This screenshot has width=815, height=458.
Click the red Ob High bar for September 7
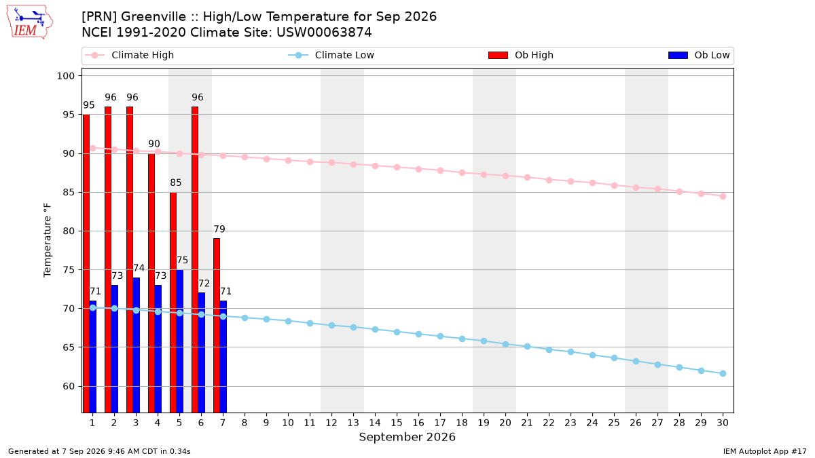pyautogui.click(x=217, y=325)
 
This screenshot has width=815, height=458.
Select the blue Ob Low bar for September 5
pyautogui.click(x=180, y=341)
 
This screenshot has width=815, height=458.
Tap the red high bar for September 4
pyautogui.click(x=151, y=283)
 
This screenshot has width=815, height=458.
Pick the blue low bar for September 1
pyautogui.click(x=93, y=357)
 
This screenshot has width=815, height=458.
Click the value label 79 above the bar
pyautogui.click(x=219, y=229)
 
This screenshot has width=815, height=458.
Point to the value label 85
pyautogui.click(x=176, y=183)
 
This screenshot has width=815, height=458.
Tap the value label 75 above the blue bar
pyautogui.click(x=182, y=261)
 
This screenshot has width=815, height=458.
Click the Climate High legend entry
pyautogui.click(x=130, y=55)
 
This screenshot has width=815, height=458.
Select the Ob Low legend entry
pyautogui.click(x=699, y=55)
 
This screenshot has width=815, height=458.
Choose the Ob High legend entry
pyautogui.click(x=521, y=55)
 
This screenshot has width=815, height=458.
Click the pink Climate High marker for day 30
pyautogui.click(x=723, y=196)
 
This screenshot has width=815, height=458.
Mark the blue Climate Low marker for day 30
pyautogui.click(x=723, y=373)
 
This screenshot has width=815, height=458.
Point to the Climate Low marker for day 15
pyautogui.click(x=397, y=332)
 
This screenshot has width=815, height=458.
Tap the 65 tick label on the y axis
pyautogui.click(x=69, y=347)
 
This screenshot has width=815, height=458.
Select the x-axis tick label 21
pyautogui.click(x=527, y=423)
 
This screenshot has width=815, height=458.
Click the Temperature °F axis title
pyautogui.click(x=48, y=240)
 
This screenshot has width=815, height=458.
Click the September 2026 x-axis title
pyautogui.click(x=407, y=437)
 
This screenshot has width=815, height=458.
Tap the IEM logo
pyautogui.click(x=29, y=22)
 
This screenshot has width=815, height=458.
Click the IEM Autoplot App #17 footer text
pyautogui.click(x=765, y=451)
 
